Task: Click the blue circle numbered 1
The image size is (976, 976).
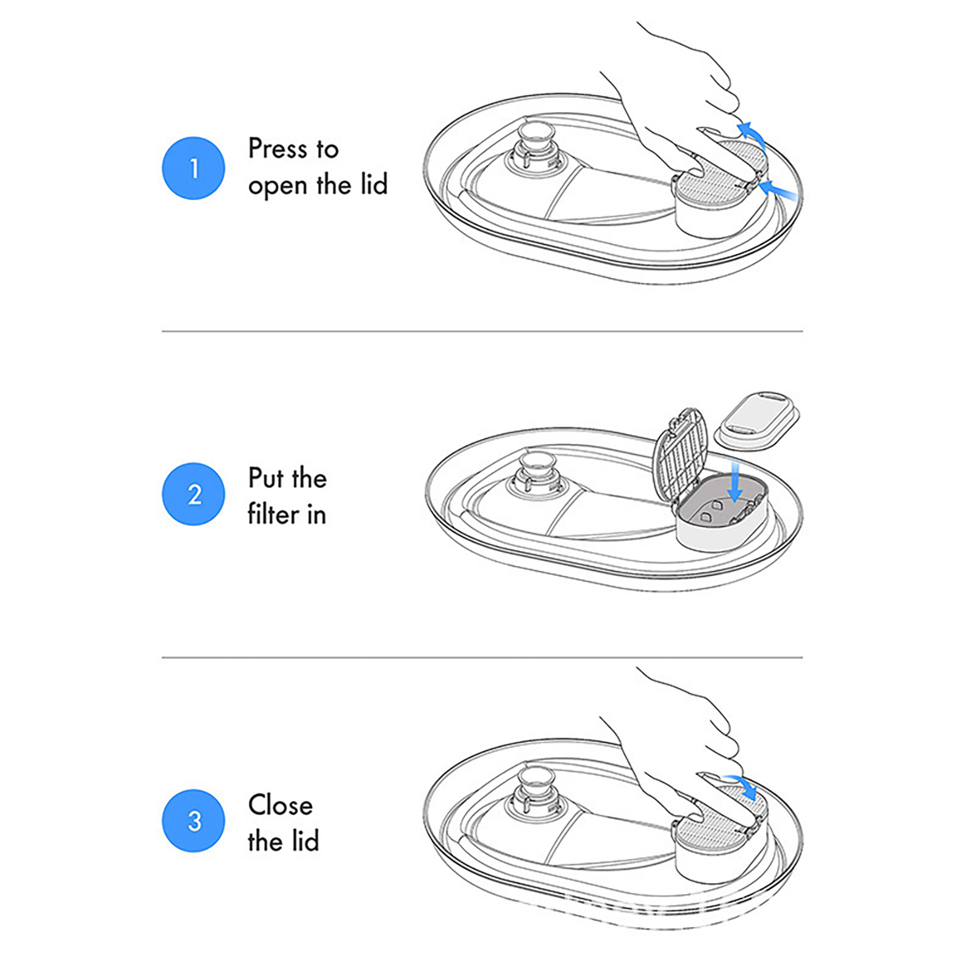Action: (x=193, y=168)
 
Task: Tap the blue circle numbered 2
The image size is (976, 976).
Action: (x=193, y=494)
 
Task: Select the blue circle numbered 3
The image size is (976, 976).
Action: (x=193, y=820)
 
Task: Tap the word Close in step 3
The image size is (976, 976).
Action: (x=280, y=805)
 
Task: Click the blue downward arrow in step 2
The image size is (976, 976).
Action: (x=736, y=482)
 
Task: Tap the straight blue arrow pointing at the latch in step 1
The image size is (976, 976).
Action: (x=777, y=189)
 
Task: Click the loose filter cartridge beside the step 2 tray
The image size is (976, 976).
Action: (x=756, y=420)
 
